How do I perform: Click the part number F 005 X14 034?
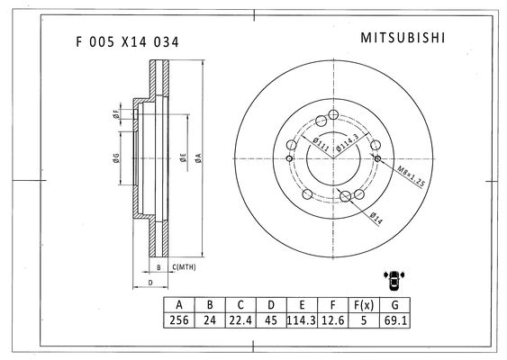point(127,42)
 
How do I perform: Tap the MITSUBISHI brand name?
point(403,38)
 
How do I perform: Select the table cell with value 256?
point(179,320)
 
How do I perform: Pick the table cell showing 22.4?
point(240,320)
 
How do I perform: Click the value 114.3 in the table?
point(302,320)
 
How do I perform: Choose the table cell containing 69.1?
point(395,320)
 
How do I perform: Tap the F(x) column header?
point(364,305)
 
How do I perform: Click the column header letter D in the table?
point(271,305)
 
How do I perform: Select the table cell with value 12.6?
point(332,320)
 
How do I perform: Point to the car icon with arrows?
point(394,280)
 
